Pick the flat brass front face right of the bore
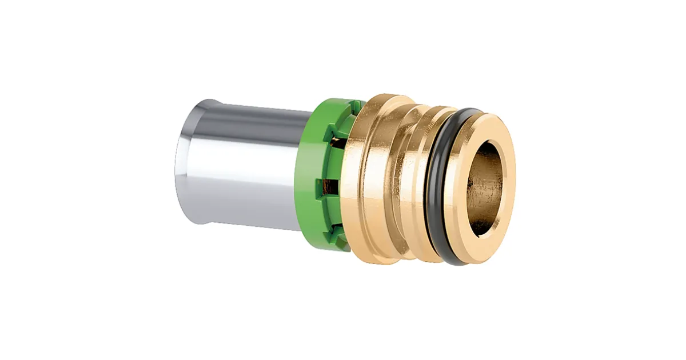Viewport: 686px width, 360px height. point(508,189)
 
